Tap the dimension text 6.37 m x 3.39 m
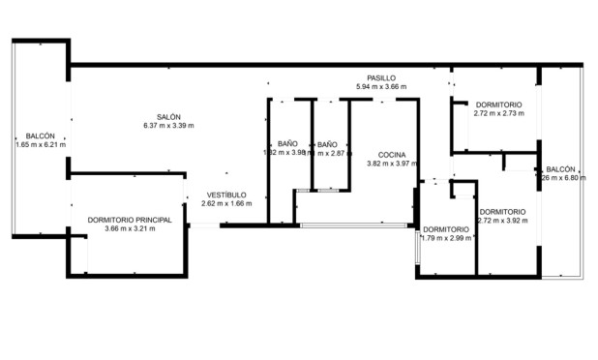(x=168, y=127)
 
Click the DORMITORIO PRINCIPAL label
(x=130, y=220)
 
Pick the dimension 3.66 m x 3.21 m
(x=130, y=228)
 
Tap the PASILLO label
(x=381, y=78)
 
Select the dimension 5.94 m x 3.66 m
(x=381, y=87)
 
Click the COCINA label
(x=391, y=155)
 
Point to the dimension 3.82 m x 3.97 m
(x=391, y=164)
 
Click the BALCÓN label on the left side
(x=41, y=135)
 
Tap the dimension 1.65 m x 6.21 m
(x=41, y=144)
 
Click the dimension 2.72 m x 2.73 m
(x=498, y=113)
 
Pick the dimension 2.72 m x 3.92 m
(x=502, y=220)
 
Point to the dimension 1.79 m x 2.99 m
(x=446, y=238)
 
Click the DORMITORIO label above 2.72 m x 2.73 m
(x=498, y=105)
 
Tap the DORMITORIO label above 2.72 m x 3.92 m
(x=502, y=211)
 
